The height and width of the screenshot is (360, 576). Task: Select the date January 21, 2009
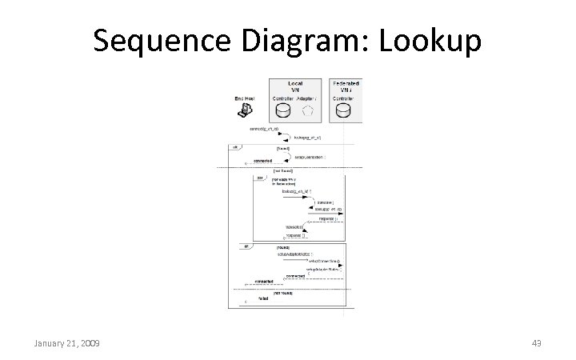coord(66,343)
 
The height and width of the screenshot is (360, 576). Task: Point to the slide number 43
coord(537,343)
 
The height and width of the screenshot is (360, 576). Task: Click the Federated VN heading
coord(344,86)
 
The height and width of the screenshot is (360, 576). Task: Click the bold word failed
coord(263,298)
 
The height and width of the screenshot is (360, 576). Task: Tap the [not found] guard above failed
coord(284,293)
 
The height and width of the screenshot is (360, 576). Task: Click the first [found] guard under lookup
coord(283,148)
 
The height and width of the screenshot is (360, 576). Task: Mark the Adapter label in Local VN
coord(306,98)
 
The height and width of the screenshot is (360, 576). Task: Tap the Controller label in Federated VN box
coord(344,98)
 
